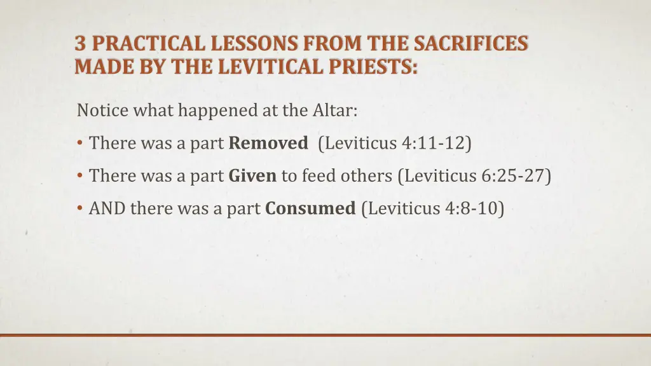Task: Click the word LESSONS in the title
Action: coord(247,44)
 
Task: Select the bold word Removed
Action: coord(268,143)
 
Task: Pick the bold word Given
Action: coord(252,175)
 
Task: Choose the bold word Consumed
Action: coord(310,208)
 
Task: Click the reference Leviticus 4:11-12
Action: coord(397,143)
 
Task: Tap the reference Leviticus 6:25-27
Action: coord(474,175)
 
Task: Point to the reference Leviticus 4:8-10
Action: coord(432,208)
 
